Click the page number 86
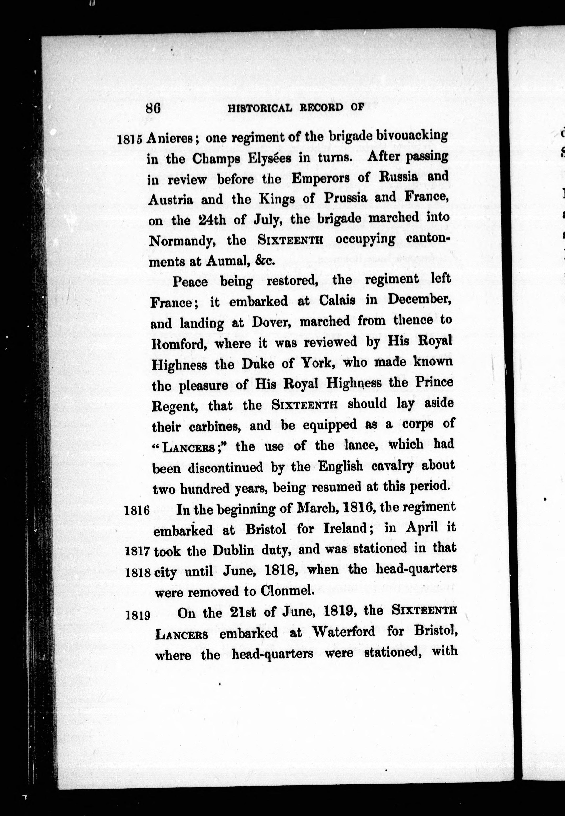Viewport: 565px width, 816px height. [153, 108]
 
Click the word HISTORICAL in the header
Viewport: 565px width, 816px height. [260, 108]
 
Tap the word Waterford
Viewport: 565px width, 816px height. [344, 632]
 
